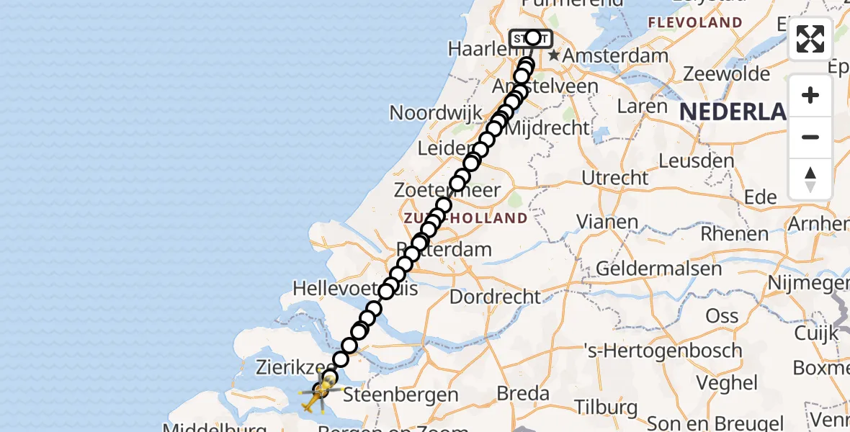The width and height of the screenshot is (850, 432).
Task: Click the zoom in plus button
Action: [810, 95]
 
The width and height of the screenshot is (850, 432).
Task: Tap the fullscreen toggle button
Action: [810, 39]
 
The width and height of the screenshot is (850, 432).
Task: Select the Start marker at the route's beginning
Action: [531, 38]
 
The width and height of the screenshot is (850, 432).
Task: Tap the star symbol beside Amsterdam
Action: [553, 55]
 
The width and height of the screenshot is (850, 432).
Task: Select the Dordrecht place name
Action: [495, 296]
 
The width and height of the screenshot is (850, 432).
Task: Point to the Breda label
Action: [524, 394]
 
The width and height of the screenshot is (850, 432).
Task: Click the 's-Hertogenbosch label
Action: [663, 351]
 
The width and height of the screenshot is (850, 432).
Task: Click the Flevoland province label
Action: [694, 22]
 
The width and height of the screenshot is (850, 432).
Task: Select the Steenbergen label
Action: [401, 395]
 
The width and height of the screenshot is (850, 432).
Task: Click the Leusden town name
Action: [696, 160]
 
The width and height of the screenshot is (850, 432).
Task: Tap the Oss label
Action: [722, 315]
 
